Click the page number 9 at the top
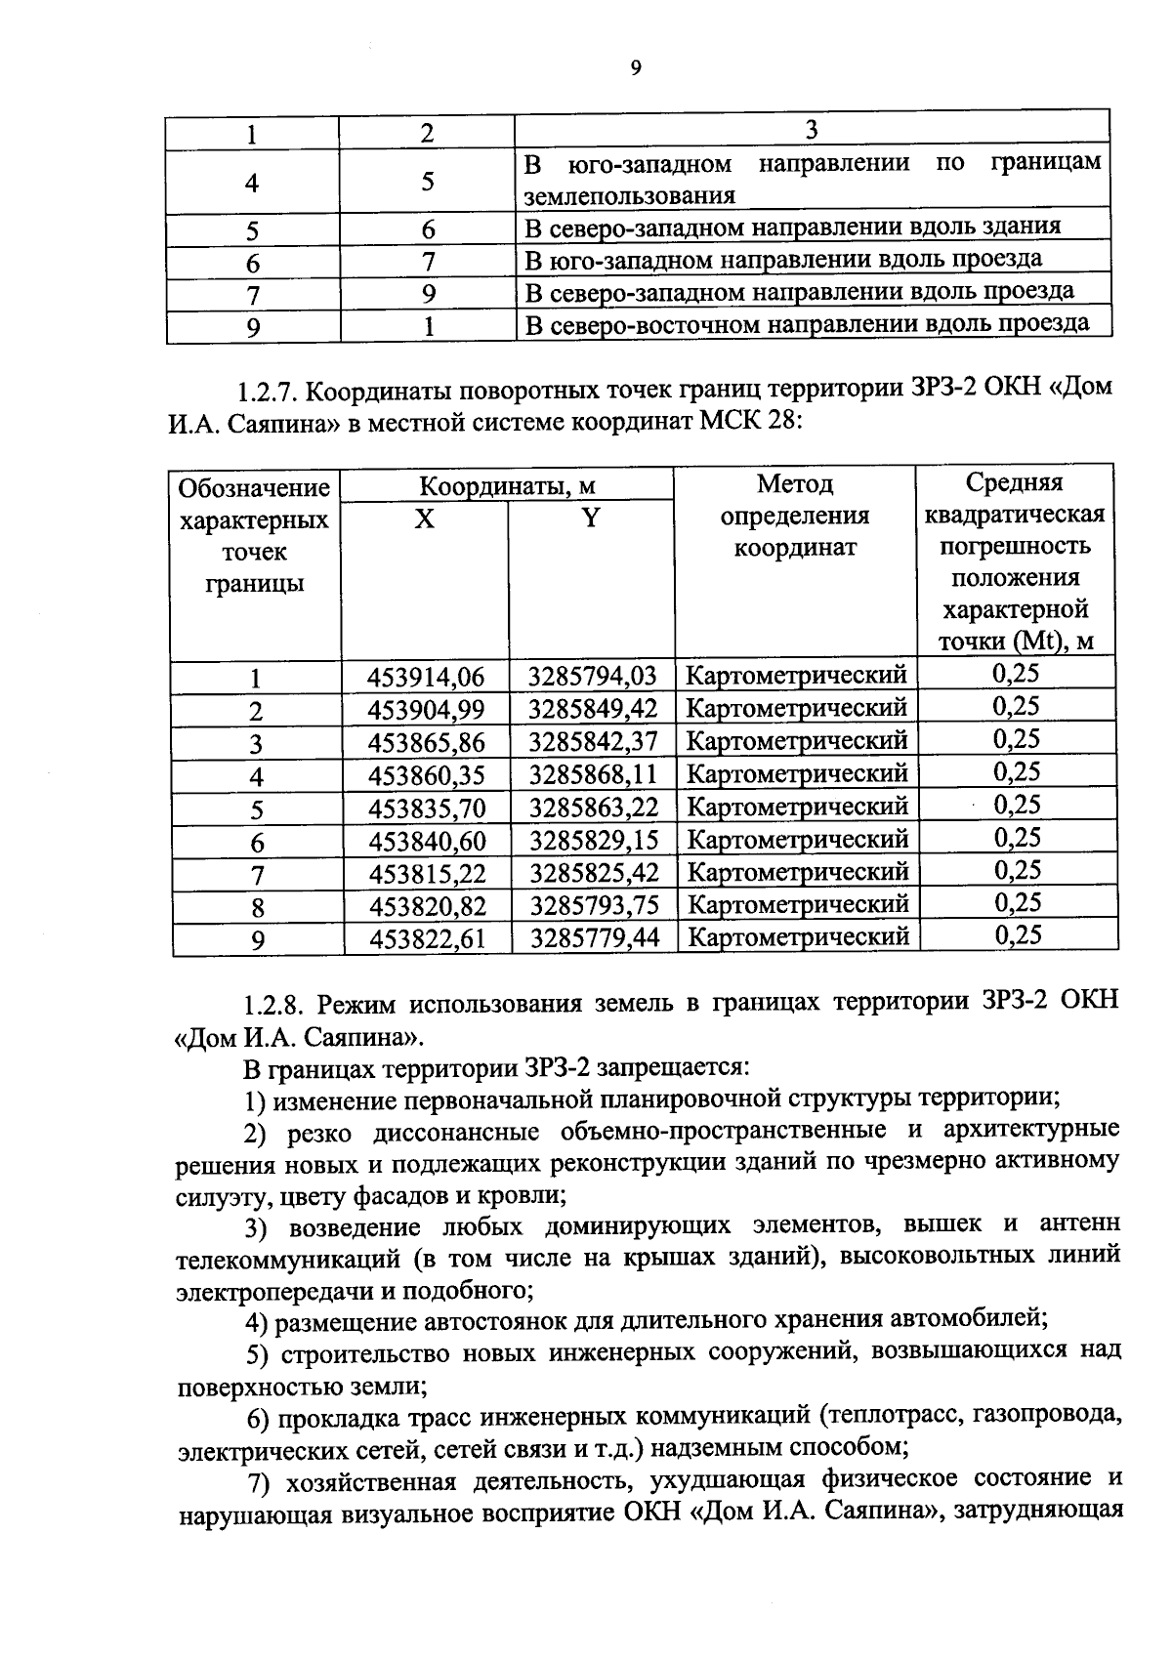[x=636, y=67]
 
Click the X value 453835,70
[x=427, y=808]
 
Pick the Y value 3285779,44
[x=594, y=938]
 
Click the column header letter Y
[x=590, y=518]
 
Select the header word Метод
[x=795, y=484]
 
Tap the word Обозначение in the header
[x=254, y=487]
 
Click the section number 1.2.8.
[x=275, y=1004]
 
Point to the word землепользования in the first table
[x=629, y=194]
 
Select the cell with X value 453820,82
[x=427, y=906]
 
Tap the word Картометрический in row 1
[x=796, y=675]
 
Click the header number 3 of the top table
[x=811, y=130]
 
